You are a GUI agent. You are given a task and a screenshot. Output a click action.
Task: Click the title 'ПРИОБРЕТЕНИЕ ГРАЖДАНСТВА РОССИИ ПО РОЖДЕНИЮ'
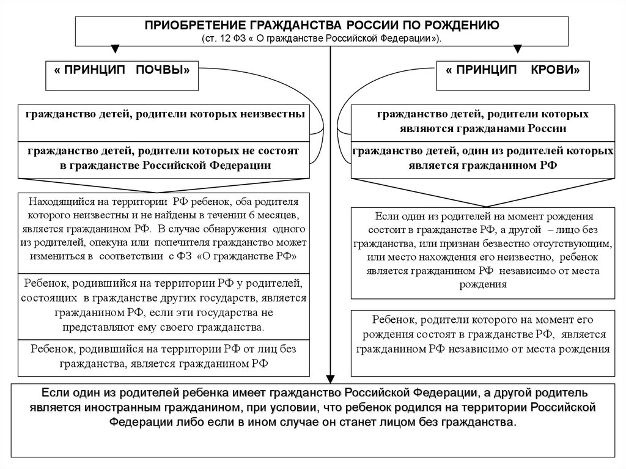(x=322, y=25)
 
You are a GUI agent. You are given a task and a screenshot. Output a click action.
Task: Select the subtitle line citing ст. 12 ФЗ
(x=322, y=37)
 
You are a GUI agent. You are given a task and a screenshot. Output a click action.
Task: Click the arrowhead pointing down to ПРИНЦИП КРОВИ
(x=519, y=50)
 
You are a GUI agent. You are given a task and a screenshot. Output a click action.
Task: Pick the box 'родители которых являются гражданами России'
(x=482, y=121)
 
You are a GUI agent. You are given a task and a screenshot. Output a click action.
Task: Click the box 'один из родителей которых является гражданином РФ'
(x=482, y=158)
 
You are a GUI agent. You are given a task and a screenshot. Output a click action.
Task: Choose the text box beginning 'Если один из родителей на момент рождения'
(x=482, y=251)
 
